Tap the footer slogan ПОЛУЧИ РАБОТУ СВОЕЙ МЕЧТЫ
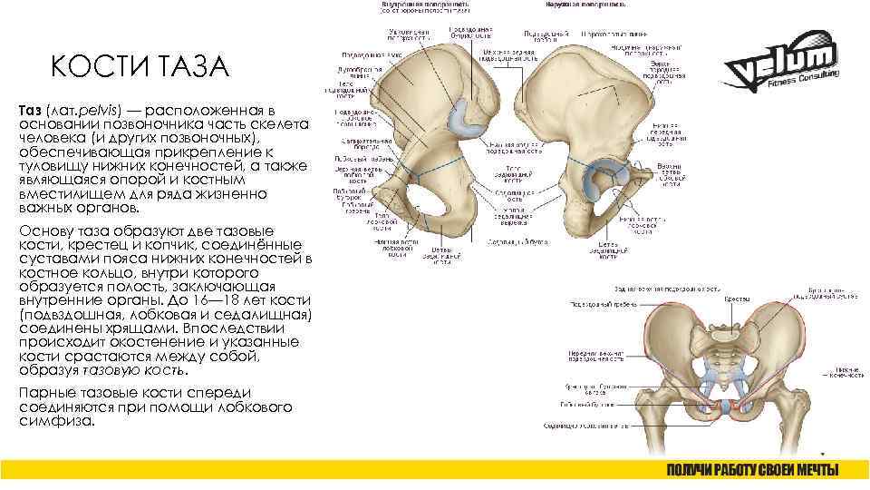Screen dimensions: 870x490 point(752,470)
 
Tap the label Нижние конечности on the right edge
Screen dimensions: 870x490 point(847,373)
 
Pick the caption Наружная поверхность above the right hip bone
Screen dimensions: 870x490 point(585,5)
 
